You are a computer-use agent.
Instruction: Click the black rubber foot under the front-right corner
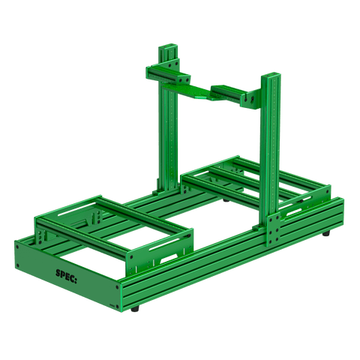tap(136, 308)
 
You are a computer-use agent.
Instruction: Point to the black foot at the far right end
tap(328, 235)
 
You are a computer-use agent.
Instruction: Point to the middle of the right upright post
tap(270, 150)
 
